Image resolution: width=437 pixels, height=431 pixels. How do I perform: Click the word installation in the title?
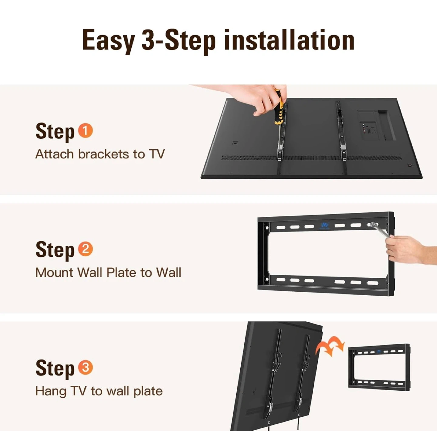click(289, 40)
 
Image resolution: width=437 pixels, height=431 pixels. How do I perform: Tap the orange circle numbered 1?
click(85, 131)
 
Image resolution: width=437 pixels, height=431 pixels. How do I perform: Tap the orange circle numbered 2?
click(85, 249)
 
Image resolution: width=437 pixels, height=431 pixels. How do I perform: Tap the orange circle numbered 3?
click(85, 367)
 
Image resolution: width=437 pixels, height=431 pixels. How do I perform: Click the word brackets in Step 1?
click(104, 154)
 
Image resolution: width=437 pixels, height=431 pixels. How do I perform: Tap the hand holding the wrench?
click(411, 249)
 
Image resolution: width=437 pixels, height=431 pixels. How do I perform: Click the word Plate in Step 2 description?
click(121, 273)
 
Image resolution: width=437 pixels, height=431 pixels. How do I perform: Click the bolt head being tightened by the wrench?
click(372, 225)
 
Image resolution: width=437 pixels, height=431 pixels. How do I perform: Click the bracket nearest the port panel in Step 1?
click(341, 131)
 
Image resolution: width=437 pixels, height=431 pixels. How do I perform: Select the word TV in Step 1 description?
click(157, 154)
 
